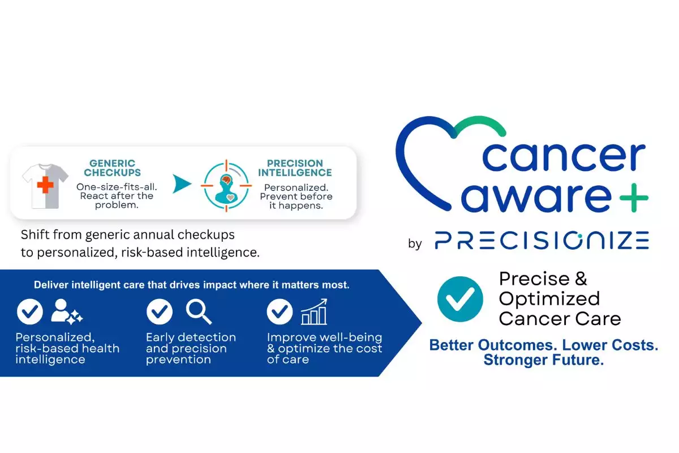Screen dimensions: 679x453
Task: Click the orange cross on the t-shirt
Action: click(x=45, y=185)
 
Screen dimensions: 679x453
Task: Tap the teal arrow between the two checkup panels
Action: click(x=182, y=183)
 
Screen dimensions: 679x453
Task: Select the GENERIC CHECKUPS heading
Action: click(x=113, y=168)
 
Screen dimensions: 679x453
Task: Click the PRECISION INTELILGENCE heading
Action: click(x=295, y=168)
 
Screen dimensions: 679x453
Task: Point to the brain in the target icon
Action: click(x=226, y=180)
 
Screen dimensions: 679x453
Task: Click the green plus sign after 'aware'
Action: click(x=634, y=198)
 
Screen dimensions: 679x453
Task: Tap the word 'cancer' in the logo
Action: click(x=564, y=156)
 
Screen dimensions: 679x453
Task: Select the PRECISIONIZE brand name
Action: click(x=542, y=240)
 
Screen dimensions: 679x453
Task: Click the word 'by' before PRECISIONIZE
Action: click(x=415, y=244)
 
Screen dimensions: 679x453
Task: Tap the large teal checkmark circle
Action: click(x=460, y=299)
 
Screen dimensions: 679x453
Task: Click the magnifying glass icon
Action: click(x=199, y=312)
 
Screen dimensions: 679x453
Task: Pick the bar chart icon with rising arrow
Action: click(x=314, y=311)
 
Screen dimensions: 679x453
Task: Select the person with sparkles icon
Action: click(x=67, y=312)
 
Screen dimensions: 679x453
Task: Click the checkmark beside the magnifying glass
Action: click(x=160, y=311)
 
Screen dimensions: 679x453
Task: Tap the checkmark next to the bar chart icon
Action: click(x=280, y=311)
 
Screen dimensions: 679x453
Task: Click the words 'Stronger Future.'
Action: click(x=544, y=360)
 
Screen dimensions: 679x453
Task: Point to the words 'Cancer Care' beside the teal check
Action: click(x=560, y=319)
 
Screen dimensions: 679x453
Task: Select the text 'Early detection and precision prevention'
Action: click(x=191, y=348)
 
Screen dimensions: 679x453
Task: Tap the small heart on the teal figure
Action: click(x=230, y=198)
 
